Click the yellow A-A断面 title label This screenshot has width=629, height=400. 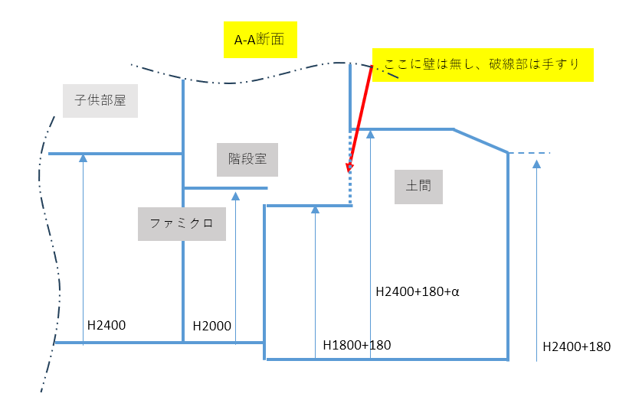point(260,41)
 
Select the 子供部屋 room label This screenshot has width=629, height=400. point(100,100)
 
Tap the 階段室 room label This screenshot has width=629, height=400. point(247,159)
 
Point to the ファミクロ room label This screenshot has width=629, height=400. point(182,223)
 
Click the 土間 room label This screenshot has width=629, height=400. point(418,186)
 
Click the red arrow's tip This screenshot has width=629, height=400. point(349,171)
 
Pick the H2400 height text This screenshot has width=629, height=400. point(106,325)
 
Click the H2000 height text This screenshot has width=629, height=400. point(212,326)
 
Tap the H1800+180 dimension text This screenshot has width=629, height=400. point(356,345)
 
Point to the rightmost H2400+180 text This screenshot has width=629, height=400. point(576,346)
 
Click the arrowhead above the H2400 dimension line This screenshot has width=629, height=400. point(84,158)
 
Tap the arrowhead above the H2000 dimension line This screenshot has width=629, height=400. point(235,197)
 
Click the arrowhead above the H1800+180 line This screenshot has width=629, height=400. point(315,210)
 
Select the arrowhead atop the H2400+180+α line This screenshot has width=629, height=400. point(370,134)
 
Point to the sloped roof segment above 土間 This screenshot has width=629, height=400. point(480,141)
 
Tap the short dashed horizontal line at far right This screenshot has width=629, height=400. point(530,154)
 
